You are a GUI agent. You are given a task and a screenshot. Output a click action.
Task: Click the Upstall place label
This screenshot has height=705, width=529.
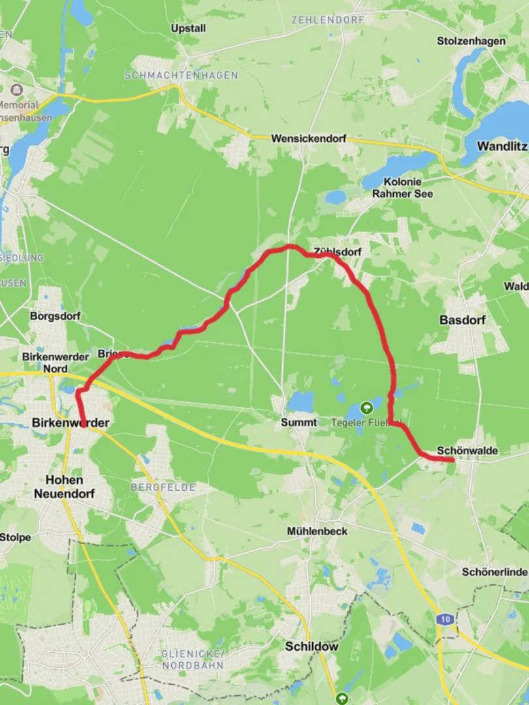188,29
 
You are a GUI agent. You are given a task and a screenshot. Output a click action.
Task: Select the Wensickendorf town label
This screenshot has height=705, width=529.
308,139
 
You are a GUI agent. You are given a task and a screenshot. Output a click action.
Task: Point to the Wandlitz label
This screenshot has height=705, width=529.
502,146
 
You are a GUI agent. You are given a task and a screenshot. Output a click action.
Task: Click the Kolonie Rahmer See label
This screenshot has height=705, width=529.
402,187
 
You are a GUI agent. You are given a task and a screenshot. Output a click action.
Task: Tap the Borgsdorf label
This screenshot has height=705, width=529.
55,317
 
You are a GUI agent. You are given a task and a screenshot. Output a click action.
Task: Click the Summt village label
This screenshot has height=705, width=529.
299,422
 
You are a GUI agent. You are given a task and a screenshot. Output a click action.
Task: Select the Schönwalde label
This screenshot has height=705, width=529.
468,451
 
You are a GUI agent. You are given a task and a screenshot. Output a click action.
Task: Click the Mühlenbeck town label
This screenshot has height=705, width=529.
317,531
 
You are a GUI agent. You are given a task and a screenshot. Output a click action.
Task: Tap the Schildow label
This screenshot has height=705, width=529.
312,646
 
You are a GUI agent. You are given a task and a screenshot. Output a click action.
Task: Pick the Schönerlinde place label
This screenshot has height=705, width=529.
494,572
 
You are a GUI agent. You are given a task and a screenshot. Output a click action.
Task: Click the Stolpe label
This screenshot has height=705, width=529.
15,538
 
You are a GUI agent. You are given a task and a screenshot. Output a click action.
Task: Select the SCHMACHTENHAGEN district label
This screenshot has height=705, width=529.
181,76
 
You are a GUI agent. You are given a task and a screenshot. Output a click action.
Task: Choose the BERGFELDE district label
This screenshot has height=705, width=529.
155,487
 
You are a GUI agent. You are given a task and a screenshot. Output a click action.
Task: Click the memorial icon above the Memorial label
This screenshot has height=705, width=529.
16,89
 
